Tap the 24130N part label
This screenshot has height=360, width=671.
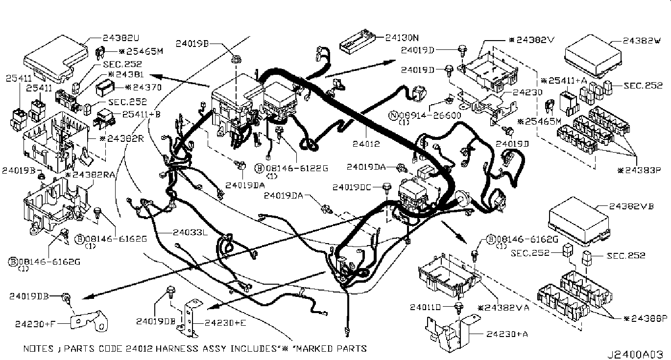pyautogui.click(x=402, y=37)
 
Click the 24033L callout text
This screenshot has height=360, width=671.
pyautogui.click(x=190, y=233)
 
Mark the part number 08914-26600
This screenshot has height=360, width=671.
pyautogui.click(x=427, y=116)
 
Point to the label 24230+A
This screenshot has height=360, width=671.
pyautogui.click(x=504, y=334)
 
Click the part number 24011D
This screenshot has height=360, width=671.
pyautogui.click(x=426, y=307)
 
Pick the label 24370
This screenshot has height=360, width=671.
pyautogui.click(x=141, y=88)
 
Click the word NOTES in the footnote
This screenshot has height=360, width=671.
pyautogui.click(x=39, y=349)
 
